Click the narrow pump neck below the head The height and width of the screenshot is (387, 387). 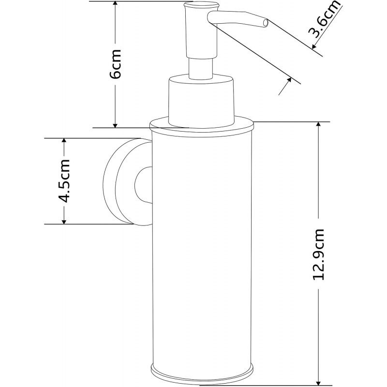click(x=200, y=68)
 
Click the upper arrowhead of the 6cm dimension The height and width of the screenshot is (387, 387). click(x=115, y=5)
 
